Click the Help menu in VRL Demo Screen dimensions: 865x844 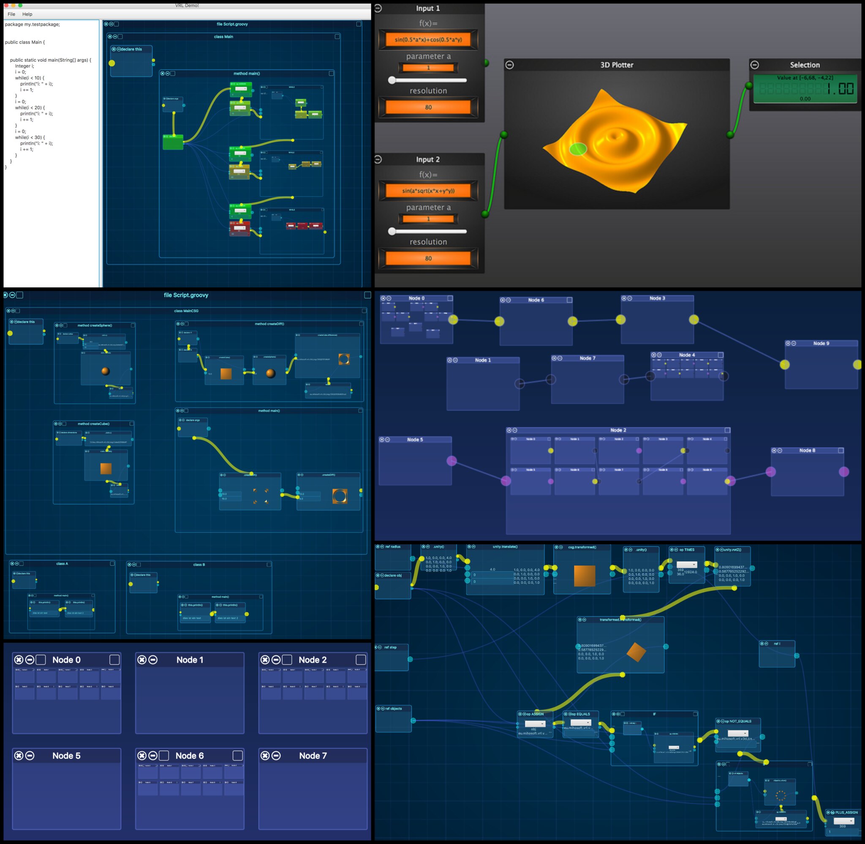click(27, 14)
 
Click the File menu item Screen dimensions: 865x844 click(11, 14)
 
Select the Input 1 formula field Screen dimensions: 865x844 click(428, 39)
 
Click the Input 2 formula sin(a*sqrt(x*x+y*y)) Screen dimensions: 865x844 click(428, 191)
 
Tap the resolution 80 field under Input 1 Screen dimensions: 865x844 click(428, 107)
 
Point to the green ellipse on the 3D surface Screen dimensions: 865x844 click(578, 149)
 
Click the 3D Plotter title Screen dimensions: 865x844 click(617, 65)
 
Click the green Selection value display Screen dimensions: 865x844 click(805, 89)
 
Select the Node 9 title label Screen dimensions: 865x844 click(821, 343)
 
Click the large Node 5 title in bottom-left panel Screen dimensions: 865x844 click(66, 756)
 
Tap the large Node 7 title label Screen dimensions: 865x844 click(313, 756)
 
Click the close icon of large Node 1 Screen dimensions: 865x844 click(142, 660)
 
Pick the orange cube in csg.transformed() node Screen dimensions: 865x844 click(584, 576)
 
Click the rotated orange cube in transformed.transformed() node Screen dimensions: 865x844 click(636, 652)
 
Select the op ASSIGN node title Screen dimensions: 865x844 click(535, 714)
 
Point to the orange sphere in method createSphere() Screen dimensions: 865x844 click(106, 371)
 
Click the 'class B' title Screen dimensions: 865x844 click(199, 565)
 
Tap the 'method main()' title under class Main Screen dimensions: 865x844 click(247, 74)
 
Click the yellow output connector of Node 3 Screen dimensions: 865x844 click(694, 319)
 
